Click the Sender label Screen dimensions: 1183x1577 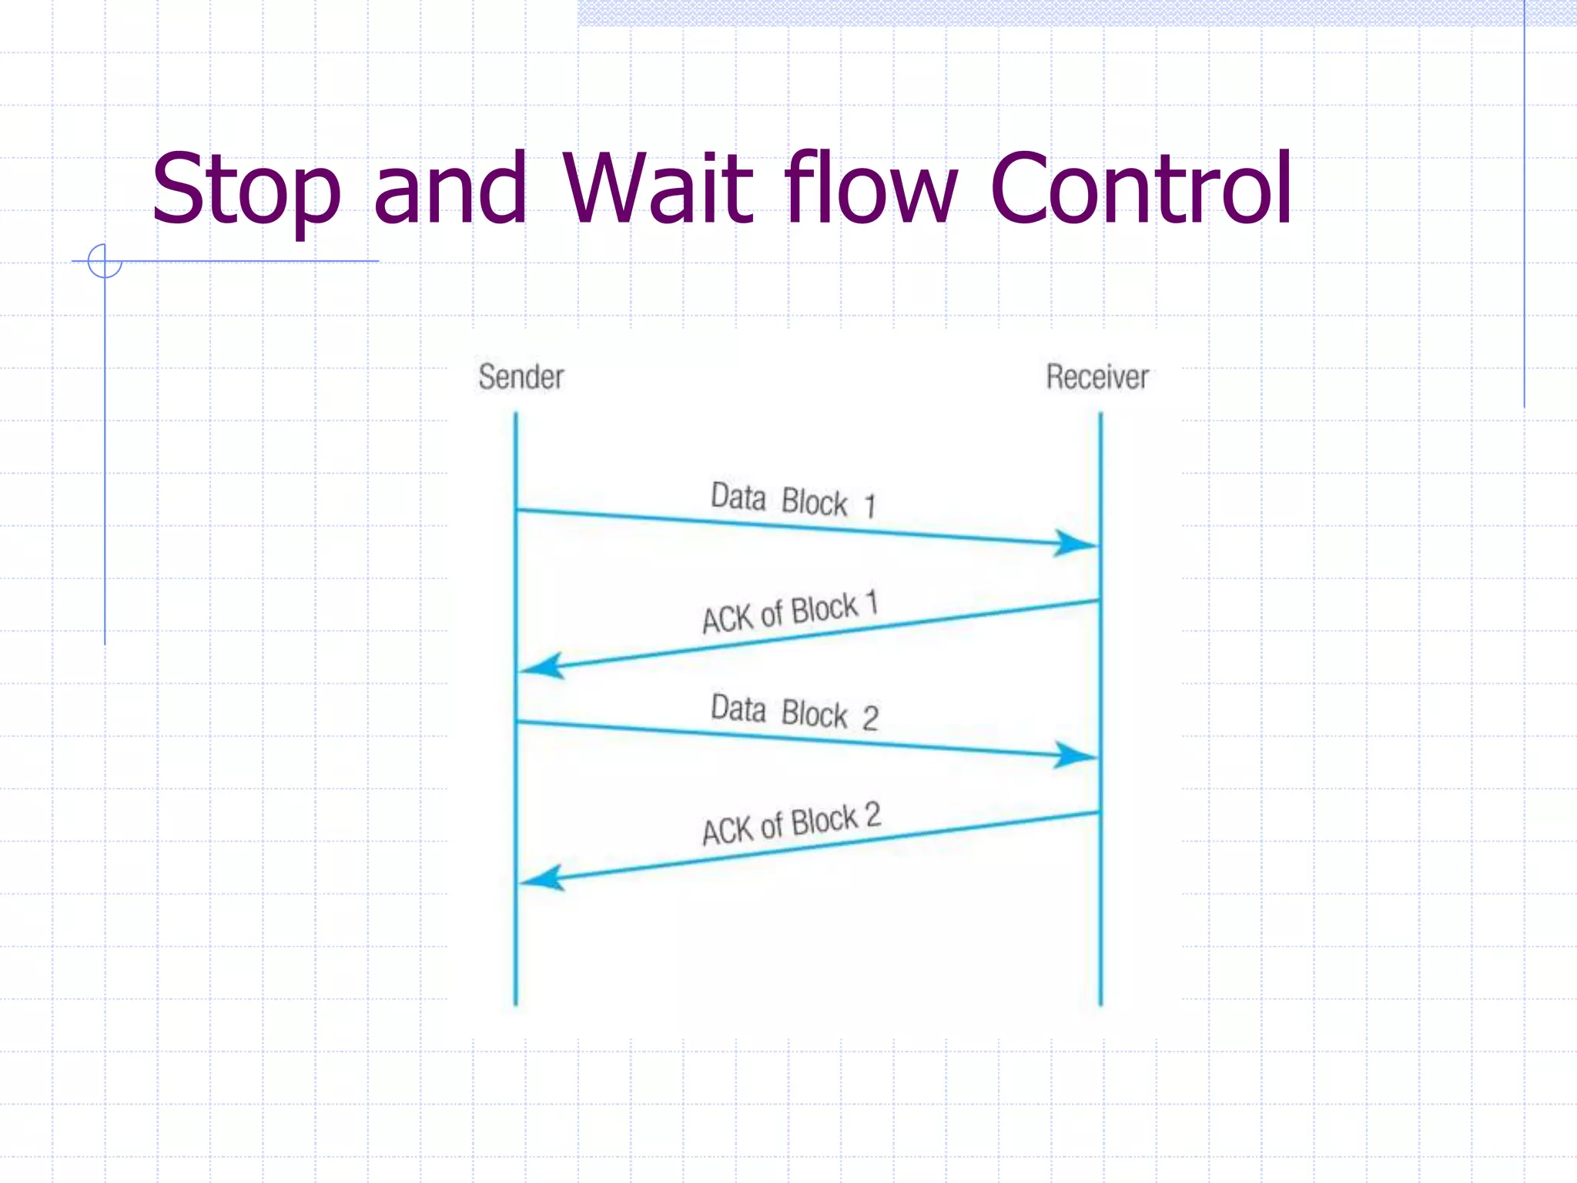click(x=521, y=377)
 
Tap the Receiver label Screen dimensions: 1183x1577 click(x=1097, y=377)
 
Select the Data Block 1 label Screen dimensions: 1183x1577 click(x=793, y=501)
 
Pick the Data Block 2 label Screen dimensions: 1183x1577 click(x=794, y=712)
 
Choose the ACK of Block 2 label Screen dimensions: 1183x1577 click(x=791, y=824)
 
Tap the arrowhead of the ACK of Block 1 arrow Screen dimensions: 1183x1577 click(x=544, y=666)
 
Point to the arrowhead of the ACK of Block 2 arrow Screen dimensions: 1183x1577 click(x=544, y=878)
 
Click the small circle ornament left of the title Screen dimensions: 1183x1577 click(x=105, y=261)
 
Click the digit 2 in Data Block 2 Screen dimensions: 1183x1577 click(x=870, y=719)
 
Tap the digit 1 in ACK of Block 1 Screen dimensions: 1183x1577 click(x=872, y=602)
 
